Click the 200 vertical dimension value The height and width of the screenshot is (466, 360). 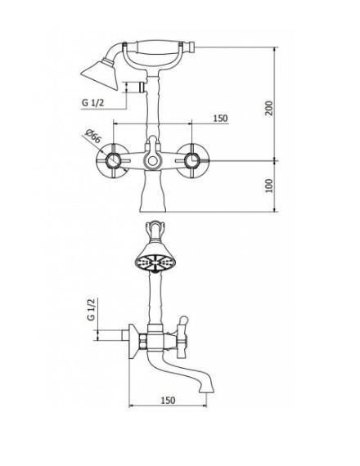[x=269, y=108]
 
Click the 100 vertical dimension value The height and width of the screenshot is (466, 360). [x=269, y=186]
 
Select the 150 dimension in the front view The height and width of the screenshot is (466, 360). [x=220, y=119]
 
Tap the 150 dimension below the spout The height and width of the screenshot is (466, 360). [x=168, y=401]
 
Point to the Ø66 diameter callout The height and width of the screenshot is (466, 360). [x=92, y=137]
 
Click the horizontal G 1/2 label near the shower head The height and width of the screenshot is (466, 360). [x=92, y=103]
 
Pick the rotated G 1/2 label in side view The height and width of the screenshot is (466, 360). [x=92, y=310]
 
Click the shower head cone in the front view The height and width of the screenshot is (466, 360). [x=100, y=74]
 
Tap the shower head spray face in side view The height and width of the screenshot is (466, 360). [x=155, y=262]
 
